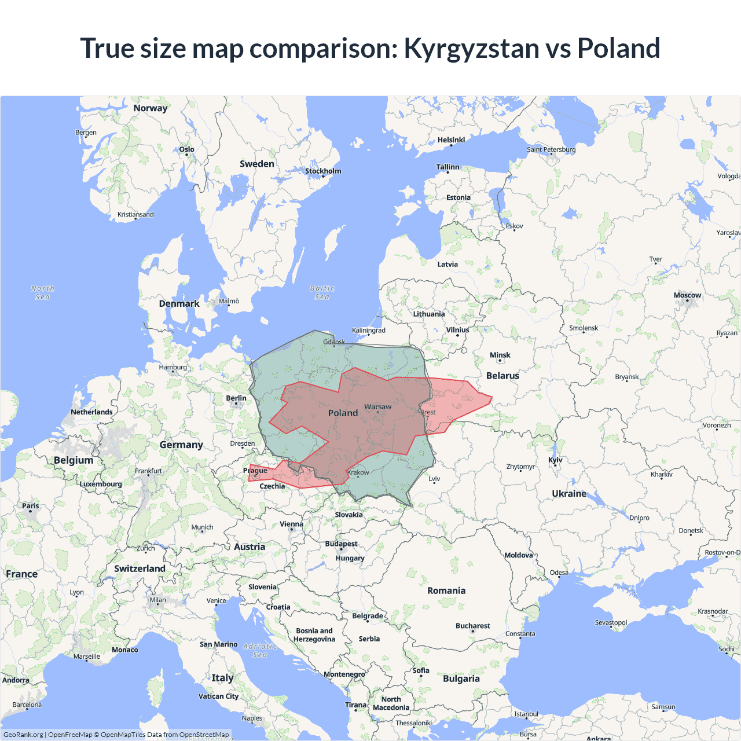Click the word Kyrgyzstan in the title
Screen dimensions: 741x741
pyautogui.click(x=472, y=49)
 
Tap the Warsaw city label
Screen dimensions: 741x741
pyautogui.click(x=377, y=407)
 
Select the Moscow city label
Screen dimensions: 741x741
pyautogui.click(x=687, y=295)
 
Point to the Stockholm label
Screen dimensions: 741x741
pyautogui.click(x=323, y=171)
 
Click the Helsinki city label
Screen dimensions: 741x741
pyautogui.click(x=451, y=140)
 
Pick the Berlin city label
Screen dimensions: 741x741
pyautogui.click(x=236, y=398)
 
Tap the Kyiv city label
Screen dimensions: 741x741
pyautogui.click(x=555, y=460)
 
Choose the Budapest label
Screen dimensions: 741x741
pyautogui.click(x=341, y=544)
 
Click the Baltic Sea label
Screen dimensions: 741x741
pyautogui.click(x=322, y=292)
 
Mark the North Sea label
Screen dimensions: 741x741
pyautogui.click(x=42, y=292)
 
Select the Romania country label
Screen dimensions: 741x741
pyautogui.click(x=446, y=590)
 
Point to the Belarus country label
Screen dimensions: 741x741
pyautogui.click(x=502, y=376)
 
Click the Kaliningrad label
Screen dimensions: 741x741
pyautogui.click(x=369, y=331)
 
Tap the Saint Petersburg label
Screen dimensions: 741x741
pyautogui.click(x=551, y=149)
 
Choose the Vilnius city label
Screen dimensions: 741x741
pyautogui.click(x=457, y=330)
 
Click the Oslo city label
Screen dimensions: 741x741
pyautogui.click(x=186, y=149)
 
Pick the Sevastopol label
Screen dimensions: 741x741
pyautogui.click(x=611, y=623)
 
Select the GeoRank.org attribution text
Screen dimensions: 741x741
pyautogui.click(x=23, y=735)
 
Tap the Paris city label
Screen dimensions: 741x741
pyautogui.click(x=31, y=506)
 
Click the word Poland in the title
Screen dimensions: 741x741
pyautogui.click(x=618, y=49)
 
